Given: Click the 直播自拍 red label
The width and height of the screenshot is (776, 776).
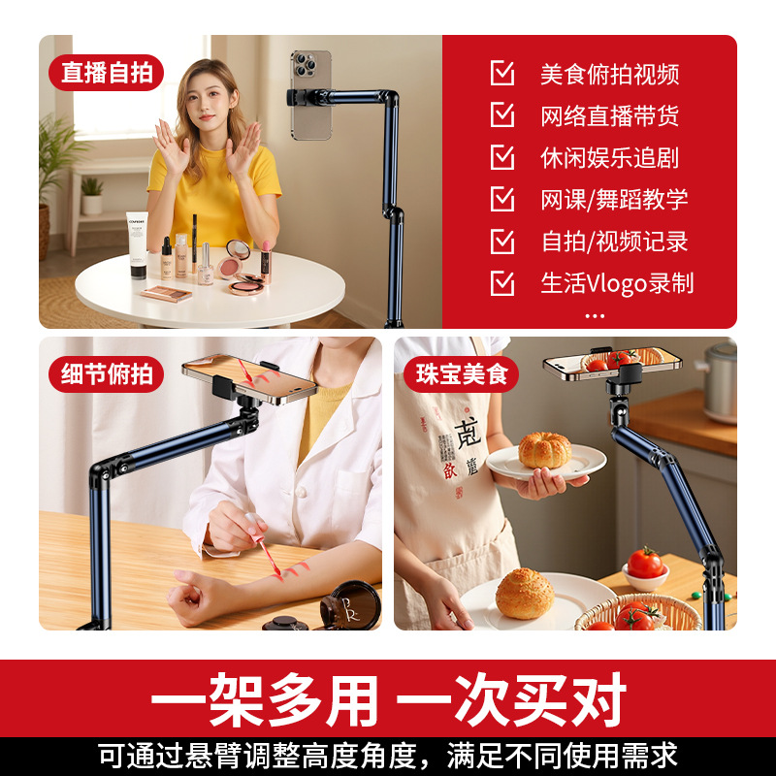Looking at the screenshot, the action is [106, 73].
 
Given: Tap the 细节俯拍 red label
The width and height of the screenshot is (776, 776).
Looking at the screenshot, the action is [106, 374].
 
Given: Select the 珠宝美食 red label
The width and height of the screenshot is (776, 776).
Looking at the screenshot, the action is [461, 374].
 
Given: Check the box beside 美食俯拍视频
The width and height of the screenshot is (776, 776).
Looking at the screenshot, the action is [501, 73].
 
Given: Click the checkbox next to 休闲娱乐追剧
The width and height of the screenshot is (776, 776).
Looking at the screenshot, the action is [501, 157].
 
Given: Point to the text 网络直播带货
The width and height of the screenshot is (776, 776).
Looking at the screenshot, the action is [609, 116].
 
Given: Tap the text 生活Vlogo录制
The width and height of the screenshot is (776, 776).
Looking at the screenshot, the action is [617, 283].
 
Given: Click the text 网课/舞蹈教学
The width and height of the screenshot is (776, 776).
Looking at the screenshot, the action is [614, 200].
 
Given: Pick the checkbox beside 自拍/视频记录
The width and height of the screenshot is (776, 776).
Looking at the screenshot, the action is [501, 241].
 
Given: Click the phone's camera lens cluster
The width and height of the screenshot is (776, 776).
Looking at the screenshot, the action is [305, 65].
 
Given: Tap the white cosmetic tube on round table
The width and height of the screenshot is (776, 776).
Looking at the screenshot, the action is [137, 245].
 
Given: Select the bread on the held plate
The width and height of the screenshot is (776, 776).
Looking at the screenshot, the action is [544, 450].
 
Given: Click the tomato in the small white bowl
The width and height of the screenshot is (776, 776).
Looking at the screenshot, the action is [645, 563].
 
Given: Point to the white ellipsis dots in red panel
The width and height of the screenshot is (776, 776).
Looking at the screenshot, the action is [595, 316].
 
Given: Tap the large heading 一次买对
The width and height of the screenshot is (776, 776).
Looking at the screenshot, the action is [511, 699].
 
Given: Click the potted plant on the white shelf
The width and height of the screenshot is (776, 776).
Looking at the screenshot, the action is [92, 196].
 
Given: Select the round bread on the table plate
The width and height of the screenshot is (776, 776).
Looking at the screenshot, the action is [525, 594].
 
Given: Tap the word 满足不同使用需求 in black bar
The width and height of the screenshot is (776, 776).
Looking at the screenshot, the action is [562, 757].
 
